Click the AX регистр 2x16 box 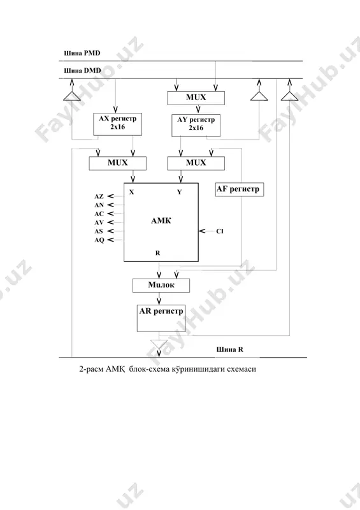pyautogui.click(x=118, y=124)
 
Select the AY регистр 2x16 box pyautogui.click(x=196, y=125)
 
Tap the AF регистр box pyautogui.click(x=240, y=189)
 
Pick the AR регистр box pyautogui.click(x=161, y=318)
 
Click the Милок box pyautogui.click(x=161, y=285)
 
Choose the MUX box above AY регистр pyautogui.click(x=196, y=98)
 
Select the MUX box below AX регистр pyautogui.click(x=118, y=163)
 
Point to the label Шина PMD pyautogui.click(x=82, y=53)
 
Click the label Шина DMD pyautogui.click(x=82, y=71)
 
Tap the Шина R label pyautogui.click(x=230, y=349)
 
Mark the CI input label pyautogui.click(x=220, y=231)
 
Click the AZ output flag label pyautogui.click(x=99, y=196)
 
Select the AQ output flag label pyautogui.click(x=99, y=240)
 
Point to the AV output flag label pyautogui.click(x=99, y=222)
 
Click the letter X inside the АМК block pyautogui.click(x=131, y=193)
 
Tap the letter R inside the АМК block pyautogui.click(x=158, y=253)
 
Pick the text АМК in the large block pyautogui.click(x=161, y=221)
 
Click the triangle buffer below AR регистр pyautogui.click(x=159, y=344)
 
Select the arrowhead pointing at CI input pyautogui.click(x=202, y=231)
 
